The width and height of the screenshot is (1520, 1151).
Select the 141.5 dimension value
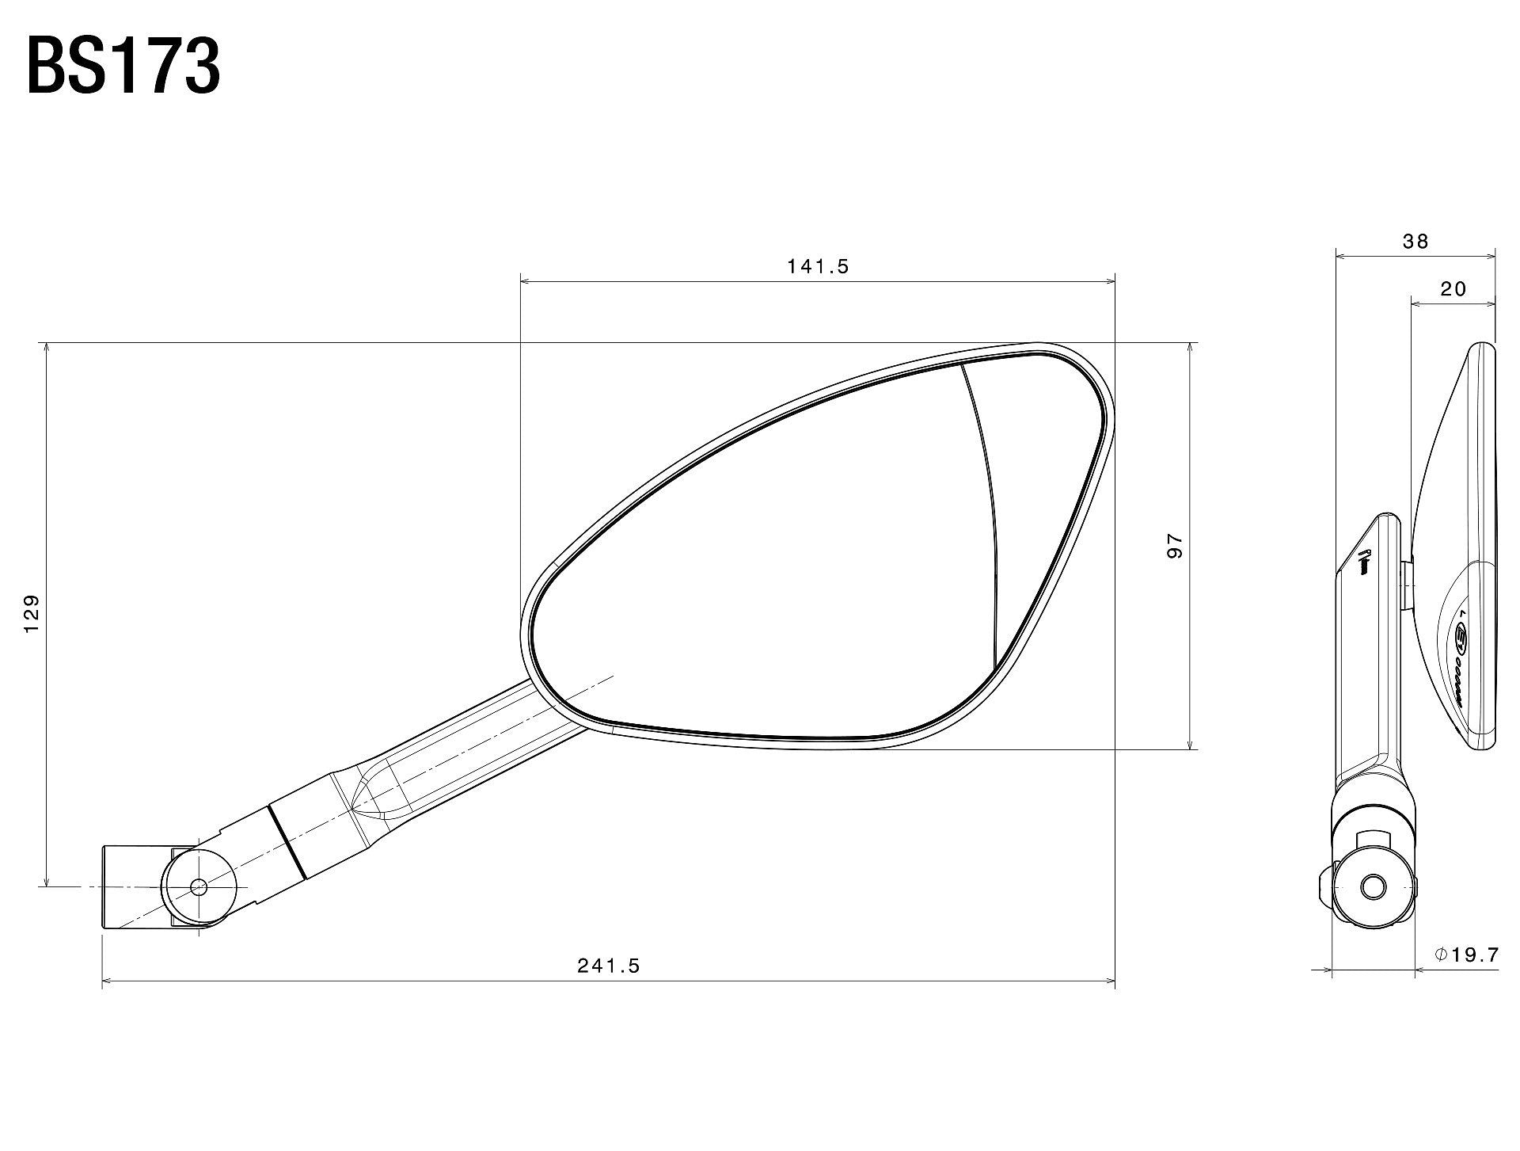coord(818,267)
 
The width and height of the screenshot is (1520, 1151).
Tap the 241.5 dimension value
coord(608,966)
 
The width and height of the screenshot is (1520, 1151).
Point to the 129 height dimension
coord(32,614)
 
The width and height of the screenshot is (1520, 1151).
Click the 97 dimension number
coord(1174,546)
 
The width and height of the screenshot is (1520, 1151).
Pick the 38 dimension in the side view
coord(1415,242)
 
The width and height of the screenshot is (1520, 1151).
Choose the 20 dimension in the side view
coord(1453,289)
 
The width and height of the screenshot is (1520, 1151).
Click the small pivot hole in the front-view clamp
coord(198,886)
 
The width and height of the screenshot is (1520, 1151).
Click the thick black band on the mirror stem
coord(287,842)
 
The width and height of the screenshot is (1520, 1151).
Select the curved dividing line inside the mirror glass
coord(989,507)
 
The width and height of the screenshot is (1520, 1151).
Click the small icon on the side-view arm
coord(1363,562)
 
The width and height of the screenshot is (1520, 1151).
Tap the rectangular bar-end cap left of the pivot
coord(135,886)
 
